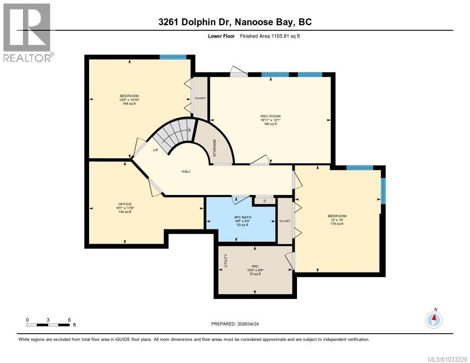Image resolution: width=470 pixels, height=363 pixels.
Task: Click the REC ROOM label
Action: tap(270, 116)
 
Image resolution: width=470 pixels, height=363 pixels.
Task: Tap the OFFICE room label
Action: tap(125, 204)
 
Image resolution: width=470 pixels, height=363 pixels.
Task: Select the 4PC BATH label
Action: tap(241, 217)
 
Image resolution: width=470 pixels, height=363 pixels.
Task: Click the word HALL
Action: tap(185, 172)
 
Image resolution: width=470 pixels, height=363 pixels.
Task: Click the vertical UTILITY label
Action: tap(225, 261)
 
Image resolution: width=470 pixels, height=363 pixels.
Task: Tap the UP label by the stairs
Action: tap(156, 150)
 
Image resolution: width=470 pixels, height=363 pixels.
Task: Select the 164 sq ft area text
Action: tap(129, 104)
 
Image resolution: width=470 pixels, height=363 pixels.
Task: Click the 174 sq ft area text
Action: tap(337, 224)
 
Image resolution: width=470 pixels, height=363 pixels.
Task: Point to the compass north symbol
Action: tap(434, 318)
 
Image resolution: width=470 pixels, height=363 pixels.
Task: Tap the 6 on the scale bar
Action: tap(69, 320)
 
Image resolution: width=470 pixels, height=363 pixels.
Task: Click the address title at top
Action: tap(235, 22)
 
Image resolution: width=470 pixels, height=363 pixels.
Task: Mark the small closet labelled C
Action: tap(264, 201)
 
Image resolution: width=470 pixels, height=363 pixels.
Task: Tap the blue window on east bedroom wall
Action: tap(383, 191)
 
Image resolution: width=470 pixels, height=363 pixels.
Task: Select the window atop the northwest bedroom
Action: tap(173, 57)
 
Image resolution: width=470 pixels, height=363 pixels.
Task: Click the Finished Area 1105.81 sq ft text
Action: tap(270, 36)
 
